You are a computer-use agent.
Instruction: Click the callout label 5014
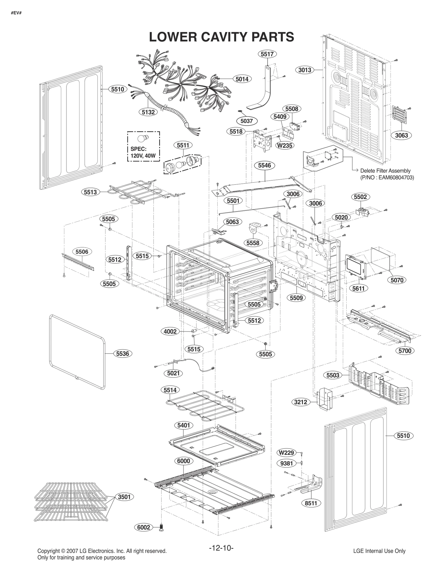pos(242,79)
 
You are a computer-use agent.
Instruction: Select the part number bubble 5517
pos(267,54)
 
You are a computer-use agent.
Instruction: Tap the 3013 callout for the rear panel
pos(305,70)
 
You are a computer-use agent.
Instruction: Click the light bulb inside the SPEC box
pos(143,139)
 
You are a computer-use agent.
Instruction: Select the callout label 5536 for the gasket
pos(123,354)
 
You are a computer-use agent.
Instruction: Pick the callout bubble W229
pos(286,453)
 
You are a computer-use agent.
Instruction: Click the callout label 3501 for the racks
pos(124,497)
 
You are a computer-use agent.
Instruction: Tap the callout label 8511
pos(311,503)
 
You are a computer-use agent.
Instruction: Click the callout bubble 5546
pos(264,165)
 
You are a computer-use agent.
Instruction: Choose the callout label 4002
pos(170,331)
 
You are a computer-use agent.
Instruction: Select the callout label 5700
pos(405,351)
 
